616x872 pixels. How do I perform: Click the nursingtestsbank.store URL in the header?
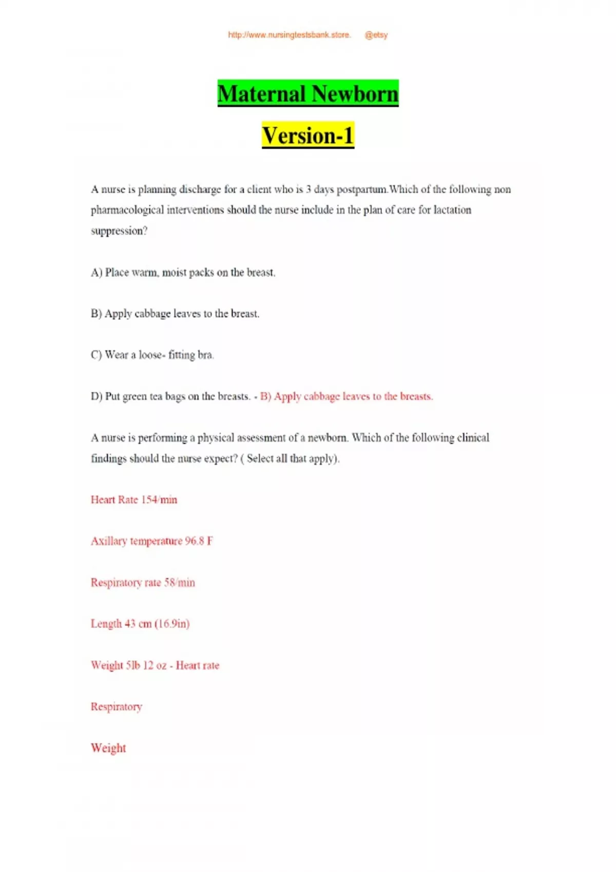tap(289, 35)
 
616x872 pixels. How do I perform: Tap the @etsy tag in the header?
tap(376, 35)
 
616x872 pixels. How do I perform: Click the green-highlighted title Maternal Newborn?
tap(308, 93)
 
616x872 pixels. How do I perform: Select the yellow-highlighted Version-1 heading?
tap(308, 135)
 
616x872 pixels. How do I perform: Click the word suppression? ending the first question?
tap(119, 231)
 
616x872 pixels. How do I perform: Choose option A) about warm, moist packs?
tap(183, 272)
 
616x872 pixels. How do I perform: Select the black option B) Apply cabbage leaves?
tap(175, 313)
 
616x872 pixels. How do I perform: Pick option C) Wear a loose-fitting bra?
tap(152, 355)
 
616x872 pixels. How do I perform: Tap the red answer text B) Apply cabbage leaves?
tap(346, 397)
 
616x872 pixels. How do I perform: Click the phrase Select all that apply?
tap(291, 459)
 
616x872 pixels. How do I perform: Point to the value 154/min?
tap(159, 500)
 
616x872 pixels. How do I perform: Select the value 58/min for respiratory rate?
tap(180, 583)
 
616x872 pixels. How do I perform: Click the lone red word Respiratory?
tap(117, 707)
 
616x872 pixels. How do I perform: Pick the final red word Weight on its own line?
tap(108, 748)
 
